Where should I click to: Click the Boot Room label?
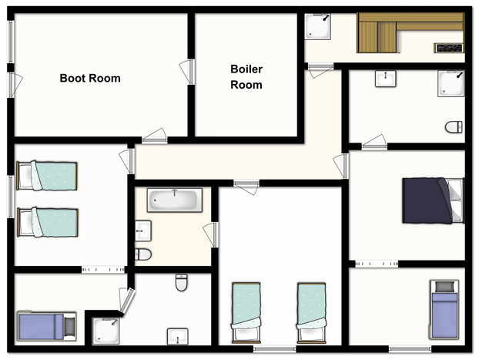[90, 79]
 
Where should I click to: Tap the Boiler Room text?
[246, 77]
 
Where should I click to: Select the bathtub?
[175, 200]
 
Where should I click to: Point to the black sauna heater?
[449, 48]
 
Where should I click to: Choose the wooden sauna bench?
[410, 32]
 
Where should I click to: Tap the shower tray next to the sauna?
[318, 26]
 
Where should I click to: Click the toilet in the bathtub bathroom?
[143, 254]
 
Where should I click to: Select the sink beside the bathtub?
[143, 230]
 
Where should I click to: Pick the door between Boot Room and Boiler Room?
[188, 72]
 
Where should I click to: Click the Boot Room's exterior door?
[15, 85]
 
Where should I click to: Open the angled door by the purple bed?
[126, 301]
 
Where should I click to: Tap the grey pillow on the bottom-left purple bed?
[69, 326]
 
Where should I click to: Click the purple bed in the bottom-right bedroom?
[444, 310]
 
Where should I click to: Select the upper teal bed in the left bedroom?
[47, 176]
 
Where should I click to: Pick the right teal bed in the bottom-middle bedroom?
[311, 313]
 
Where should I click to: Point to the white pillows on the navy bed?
[457, 200]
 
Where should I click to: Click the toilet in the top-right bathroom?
[454, 127]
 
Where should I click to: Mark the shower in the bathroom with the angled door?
[106, 331]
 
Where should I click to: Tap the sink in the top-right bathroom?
[386, 79]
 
